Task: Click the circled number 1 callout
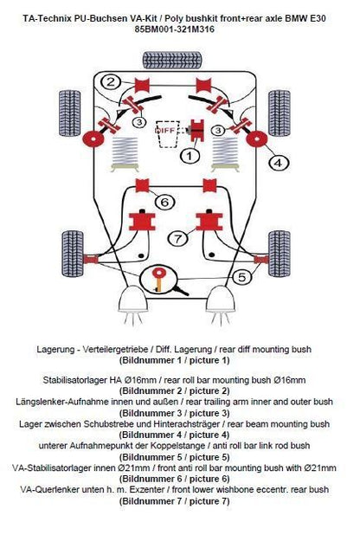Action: [x=190, y=157]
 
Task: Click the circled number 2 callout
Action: [x=110, y=82]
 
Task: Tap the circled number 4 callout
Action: [x=279, y=163]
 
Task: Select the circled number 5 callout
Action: [x=241, y=277]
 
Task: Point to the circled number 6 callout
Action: [x=164, y=202]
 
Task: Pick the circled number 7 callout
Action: [x=178, y=238]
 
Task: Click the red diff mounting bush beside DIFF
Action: [x=197, y=130]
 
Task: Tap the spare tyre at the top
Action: [x=171, y=60]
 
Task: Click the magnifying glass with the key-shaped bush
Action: [x=160, y=280]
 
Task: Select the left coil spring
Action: [x=125, y=153]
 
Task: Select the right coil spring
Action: [x=225, y=153]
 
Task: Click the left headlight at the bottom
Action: [x=132, y=304]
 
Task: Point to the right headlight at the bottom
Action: [x=221, y=304]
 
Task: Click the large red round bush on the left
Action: [x=93, y=139]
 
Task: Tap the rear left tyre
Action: [x=70, y=113]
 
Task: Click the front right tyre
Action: [x=280, y=254]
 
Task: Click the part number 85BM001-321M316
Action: [x=174, y=29]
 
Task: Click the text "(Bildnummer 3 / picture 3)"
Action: [x=174, y=413]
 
